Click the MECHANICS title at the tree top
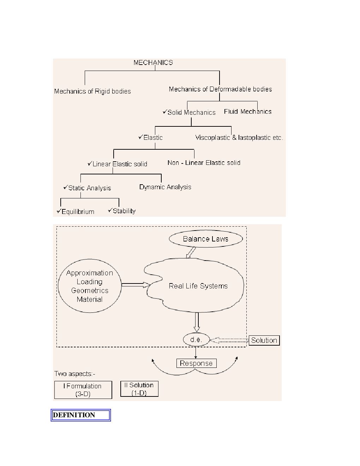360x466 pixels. (153, 63)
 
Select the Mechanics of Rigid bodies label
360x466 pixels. (92, 91)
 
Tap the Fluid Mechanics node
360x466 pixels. (248, 112)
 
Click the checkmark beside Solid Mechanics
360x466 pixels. (165, 112)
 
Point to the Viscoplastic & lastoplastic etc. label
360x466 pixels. (239, 138)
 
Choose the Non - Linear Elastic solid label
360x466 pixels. (204, 163)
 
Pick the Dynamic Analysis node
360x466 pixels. (165, 187)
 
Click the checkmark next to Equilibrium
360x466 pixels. (59, 211)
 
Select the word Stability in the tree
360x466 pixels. (124, 211)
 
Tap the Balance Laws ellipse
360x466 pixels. (206, 239)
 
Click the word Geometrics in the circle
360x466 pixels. (90, 291)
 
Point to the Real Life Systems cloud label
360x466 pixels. (198, 286)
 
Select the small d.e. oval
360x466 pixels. (196, 340)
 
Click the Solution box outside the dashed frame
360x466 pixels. (264, 340)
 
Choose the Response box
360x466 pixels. (196, 363)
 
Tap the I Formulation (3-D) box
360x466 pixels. (83, 390)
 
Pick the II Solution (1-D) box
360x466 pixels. (139, 389)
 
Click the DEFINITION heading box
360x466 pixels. (81, 415)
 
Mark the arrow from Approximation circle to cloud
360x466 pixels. (136, 285)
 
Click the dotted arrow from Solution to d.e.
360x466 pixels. (229, 340)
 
